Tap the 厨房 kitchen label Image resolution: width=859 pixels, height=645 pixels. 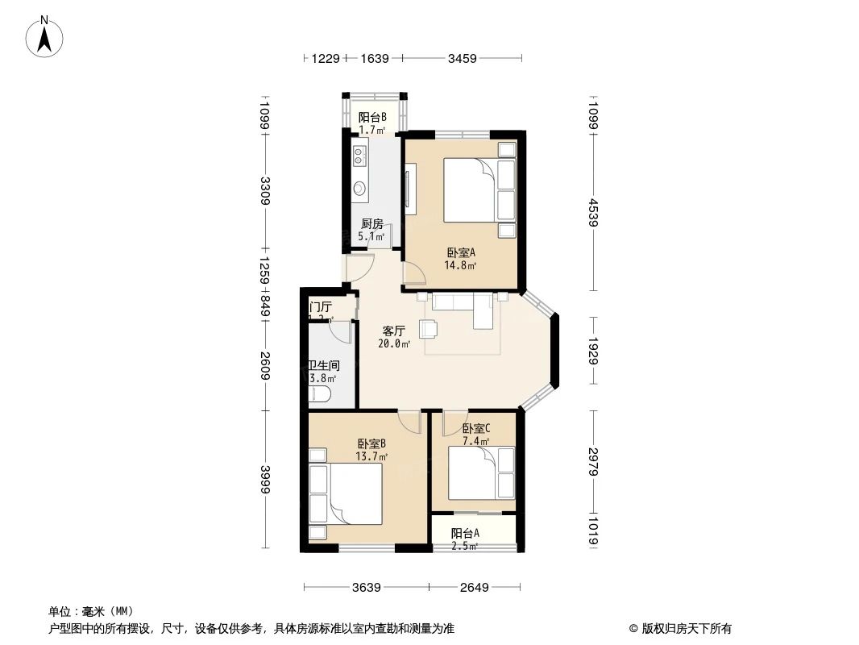[x=371, y=224]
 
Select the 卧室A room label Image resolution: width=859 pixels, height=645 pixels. [x=461, y=252]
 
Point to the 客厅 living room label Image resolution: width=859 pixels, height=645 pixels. [x=393, y=331]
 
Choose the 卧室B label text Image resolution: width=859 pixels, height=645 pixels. [x=371, y=443]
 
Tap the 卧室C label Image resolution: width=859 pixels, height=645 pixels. [x=476, y=429]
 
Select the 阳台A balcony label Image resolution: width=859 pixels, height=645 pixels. [x=465, y=533]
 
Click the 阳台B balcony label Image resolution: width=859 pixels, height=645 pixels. [x=372, y=117]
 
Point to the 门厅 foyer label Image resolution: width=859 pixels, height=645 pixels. [x=321, y=307]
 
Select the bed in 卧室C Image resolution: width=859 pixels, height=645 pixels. [x=473, y=475]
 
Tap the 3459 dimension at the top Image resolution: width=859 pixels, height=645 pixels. [x=463, y=58]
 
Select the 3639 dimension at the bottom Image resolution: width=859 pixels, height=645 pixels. [x=367, y=587]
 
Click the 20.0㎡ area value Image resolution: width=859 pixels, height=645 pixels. [x=394, y=343]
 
